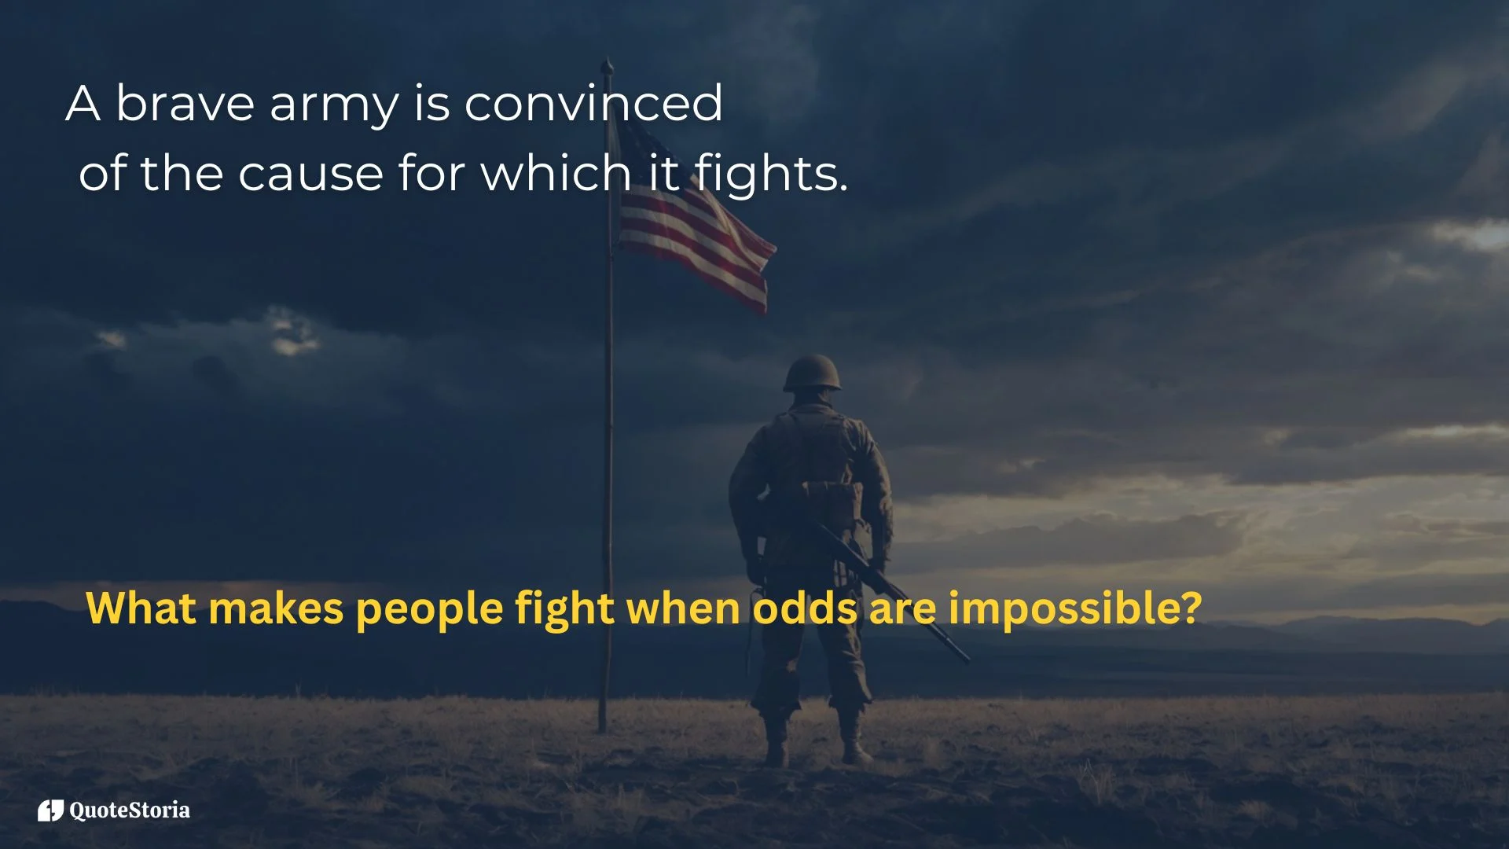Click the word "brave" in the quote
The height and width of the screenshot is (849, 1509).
pyautogui.click(x=185, y=104)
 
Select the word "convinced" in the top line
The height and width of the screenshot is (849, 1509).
pyautogui.click(x=593, y=104)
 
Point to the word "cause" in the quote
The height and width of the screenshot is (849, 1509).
pyautogui.click(x=310, y=174)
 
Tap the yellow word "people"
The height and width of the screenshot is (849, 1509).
pyautogui.click(x=429, y=609)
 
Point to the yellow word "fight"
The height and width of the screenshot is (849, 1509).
pyautogui.click(x=564, y=609)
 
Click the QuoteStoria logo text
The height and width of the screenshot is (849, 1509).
pyautogui.click(x=130, y=810)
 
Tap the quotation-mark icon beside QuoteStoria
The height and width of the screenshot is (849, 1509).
pyautogui.click(x=50, y=810)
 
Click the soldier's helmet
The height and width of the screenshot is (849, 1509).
pyautogui.click(x=812, y=373)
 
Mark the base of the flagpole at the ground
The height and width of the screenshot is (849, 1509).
pyautogui.click(x=603, y=730)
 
